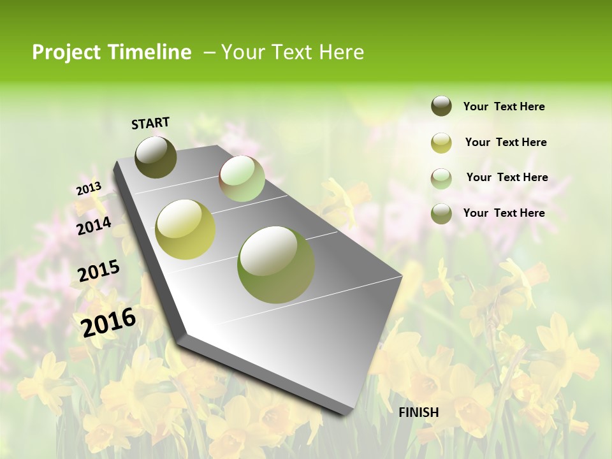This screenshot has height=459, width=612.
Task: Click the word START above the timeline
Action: [x=150, y=123]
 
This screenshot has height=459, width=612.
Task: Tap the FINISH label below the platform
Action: [x=418, y=412]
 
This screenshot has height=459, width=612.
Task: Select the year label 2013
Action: [x=89, y=189]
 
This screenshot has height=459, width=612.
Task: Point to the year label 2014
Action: [x=94, y=226]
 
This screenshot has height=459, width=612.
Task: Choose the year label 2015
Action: [x=99, y=271]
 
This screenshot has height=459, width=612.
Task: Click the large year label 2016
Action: [x=108, y=322]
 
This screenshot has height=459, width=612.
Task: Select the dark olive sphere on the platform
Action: [x=156, y=157]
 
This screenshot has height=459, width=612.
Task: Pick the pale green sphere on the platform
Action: [x=242, y=178]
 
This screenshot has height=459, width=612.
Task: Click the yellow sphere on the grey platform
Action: [x=186, y=229]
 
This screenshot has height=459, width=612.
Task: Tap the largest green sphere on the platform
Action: [x=276, y=265]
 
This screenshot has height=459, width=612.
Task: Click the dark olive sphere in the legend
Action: [x=441, y=106]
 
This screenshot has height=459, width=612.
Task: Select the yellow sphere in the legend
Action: [x=441, y=143]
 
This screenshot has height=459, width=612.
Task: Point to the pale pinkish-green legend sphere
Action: [x=441, y=178]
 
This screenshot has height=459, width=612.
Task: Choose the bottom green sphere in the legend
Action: [x=441, y=214]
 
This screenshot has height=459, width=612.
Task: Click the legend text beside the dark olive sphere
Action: [x=504, y=107]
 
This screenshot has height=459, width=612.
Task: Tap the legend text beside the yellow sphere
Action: [x=506, y=142]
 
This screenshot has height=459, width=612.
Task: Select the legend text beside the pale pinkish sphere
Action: [x=507, y=177]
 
